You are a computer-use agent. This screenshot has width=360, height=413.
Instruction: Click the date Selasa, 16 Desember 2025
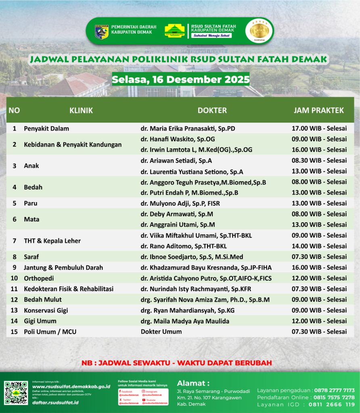click(180, 79)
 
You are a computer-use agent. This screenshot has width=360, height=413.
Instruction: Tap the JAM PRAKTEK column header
click(318, 110)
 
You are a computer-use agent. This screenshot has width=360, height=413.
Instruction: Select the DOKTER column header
click(212, 110)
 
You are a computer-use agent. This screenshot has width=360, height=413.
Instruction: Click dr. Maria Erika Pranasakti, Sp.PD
click(188, 129)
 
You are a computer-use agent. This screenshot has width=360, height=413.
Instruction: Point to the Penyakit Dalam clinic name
click(46, 129)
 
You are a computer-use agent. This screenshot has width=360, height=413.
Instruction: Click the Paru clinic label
click(31, 203)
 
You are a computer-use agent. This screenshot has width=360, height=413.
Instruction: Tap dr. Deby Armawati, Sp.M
click(177, 214)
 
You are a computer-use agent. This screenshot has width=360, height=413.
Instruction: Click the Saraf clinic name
click(31, 257)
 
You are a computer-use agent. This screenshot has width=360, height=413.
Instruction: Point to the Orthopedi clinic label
click(39, 278)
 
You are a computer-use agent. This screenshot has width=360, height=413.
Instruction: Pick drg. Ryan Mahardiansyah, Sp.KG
click(187, 311)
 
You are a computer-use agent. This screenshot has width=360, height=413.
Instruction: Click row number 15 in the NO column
click(14, 332)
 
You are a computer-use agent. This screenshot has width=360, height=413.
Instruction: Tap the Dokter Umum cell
click(161, 332)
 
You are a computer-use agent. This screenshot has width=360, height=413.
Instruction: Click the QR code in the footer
click(16, 392)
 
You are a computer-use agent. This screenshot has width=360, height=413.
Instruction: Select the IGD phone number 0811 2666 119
click(332, 405)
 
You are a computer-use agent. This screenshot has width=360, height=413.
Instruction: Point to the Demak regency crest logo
click(101, 31)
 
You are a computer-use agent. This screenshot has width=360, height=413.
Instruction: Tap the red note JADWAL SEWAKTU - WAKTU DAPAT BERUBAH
click(177, 363)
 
